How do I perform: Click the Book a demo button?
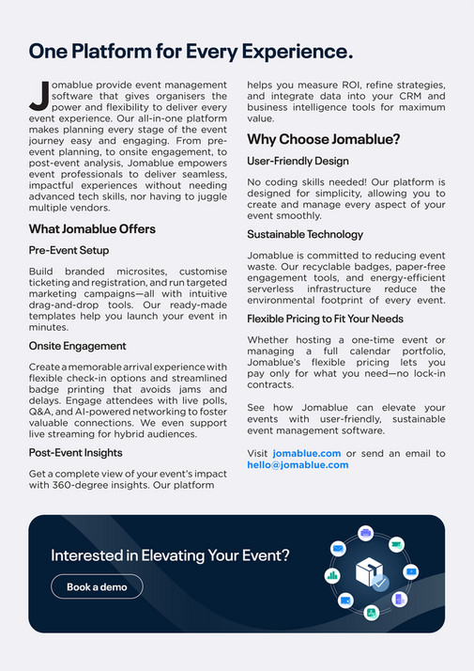point(97,586)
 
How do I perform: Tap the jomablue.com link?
point(313,453)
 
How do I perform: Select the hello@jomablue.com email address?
point(298,465)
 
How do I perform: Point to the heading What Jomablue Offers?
point(92,229)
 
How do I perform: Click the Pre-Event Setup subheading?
point(69,250)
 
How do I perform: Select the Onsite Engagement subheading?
point(77,346)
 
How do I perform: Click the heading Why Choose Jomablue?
point(324,139)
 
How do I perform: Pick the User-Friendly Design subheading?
point(298,161)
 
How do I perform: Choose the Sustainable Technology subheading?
point(305,234)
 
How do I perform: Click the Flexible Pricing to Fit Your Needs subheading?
point(325,320)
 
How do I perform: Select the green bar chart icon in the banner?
point(331,574)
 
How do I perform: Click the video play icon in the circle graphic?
point(410,571)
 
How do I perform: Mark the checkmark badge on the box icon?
point(380,584)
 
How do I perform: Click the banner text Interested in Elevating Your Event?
point(170,555)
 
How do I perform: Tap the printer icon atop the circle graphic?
point(366,533)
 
